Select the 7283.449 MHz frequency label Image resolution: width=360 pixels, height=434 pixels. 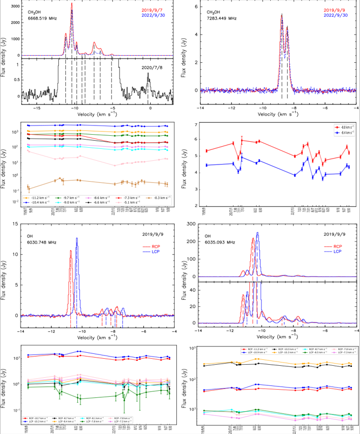pos(222,18)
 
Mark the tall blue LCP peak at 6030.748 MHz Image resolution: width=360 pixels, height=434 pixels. pos(77,239)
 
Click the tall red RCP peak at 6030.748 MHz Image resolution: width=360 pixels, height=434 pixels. pos(70,251)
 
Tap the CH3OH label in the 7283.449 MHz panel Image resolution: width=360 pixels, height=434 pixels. pos(214,11)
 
